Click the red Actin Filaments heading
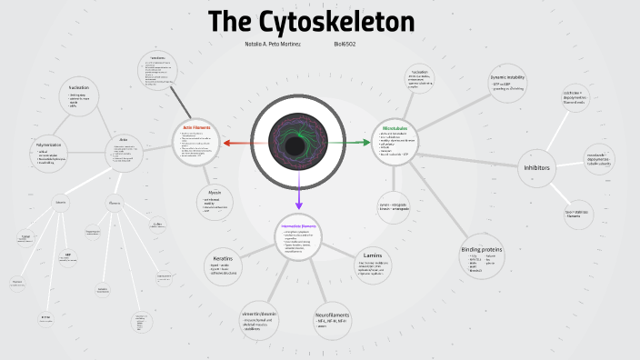pos(196,127)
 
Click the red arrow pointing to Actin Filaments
pos(235,143)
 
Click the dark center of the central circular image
pos(295,145)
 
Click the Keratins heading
pos(223,258)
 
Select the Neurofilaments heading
pos(332,315)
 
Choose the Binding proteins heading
pos(481,249)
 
